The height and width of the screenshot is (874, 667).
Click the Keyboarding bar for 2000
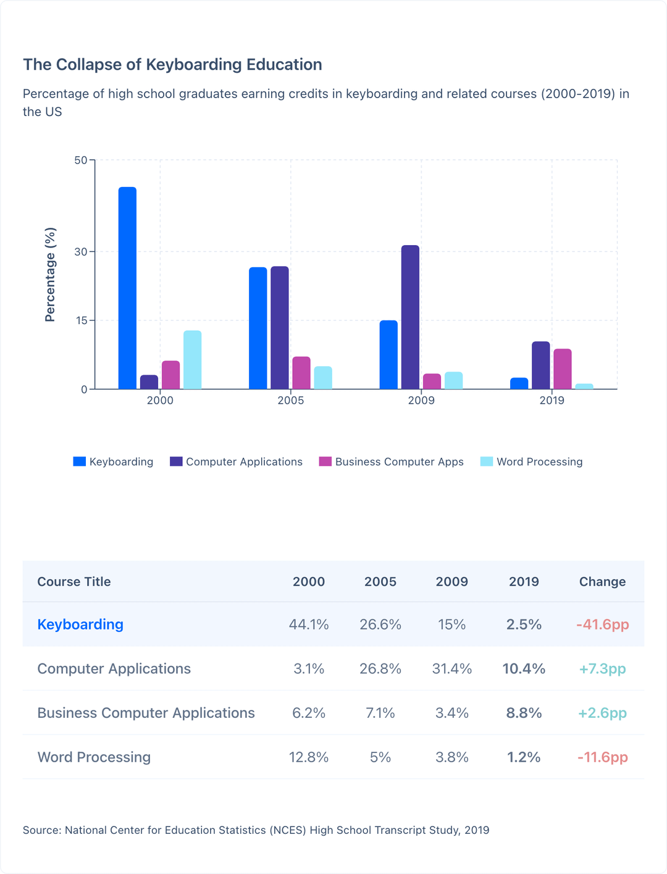127,288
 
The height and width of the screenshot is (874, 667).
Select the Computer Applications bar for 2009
410,317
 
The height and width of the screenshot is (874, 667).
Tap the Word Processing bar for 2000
192,360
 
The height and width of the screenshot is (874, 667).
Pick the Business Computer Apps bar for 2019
562,369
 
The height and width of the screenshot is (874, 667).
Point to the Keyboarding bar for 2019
519,383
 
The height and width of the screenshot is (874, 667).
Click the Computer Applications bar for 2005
280,328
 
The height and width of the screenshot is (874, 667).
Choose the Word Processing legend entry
531,462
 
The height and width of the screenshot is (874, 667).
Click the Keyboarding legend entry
113,462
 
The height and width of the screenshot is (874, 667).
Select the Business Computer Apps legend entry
391,462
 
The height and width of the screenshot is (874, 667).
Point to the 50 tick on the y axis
81,160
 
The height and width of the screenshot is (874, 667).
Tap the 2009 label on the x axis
421,401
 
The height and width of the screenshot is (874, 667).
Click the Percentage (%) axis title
50,275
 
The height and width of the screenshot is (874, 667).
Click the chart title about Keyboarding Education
172,65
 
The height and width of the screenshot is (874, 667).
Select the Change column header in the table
602,581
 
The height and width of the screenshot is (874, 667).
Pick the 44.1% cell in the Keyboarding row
309,625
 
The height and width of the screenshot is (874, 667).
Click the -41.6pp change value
602,625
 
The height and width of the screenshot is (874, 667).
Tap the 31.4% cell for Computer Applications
452,669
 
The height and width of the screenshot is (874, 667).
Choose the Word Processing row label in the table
94,757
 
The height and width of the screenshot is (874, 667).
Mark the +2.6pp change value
602,714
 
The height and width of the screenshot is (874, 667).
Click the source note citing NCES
256,830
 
